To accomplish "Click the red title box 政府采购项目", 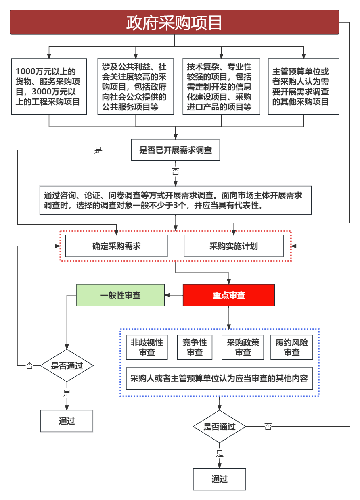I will point(174,23).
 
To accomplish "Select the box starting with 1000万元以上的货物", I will point(49,87).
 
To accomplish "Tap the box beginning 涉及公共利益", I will point(136,87).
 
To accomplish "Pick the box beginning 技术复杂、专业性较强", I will point(221,87).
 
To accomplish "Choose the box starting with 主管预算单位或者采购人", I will point(303,87).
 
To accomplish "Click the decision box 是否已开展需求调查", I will point(176,150).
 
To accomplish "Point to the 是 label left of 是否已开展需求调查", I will point(98,150).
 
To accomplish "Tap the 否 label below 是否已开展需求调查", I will point(176,171).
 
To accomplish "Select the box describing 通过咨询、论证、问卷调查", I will point(176,200).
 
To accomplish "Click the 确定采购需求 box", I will point(116,246).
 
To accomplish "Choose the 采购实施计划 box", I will point(233,246).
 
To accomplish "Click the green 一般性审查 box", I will point(120,295).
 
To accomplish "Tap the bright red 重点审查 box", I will point(229,295).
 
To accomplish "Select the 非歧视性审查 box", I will point(147,347).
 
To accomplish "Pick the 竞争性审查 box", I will point(195,347).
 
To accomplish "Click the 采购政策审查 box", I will point(243,347).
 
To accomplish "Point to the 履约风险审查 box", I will point(291,347).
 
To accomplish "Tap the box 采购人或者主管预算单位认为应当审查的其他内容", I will point(219,378).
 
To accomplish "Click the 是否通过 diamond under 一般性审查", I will point(67,366).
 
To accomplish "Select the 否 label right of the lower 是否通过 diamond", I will point(268,426).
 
